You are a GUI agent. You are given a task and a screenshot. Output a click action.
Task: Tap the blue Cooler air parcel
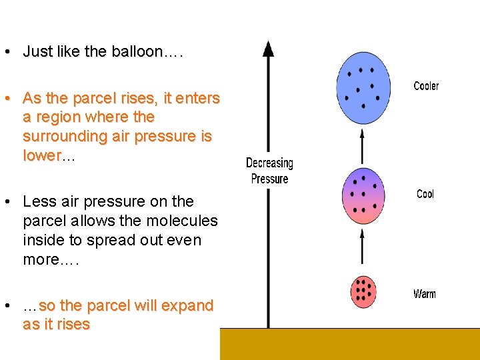click(363, 88)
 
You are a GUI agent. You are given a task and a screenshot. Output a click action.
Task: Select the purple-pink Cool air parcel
click(363, 196)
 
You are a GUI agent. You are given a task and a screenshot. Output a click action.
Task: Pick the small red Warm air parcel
click(363, 291)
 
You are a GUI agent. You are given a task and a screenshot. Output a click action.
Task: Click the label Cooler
click(426, 86)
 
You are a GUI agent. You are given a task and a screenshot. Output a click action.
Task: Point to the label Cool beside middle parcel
click(425, 194)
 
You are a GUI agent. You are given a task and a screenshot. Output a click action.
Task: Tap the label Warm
click(425, 294)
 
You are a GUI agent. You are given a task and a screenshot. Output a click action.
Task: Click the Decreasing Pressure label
click(269, 171)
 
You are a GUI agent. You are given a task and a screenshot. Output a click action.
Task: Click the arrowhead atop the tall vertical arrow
click(268, 48)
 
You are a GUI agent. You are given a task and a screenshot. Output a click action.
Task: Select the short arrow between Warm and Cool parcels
click(363, 248)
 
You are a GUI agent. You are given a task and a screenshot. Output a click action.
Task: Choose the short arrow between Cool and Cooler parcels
click(363, 147)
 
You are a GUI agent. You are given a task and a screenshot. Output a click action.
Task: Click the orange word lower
click(41, 155)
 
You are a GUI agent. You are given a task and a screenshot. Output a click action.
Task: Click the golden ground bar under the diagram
click(349, 344)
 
